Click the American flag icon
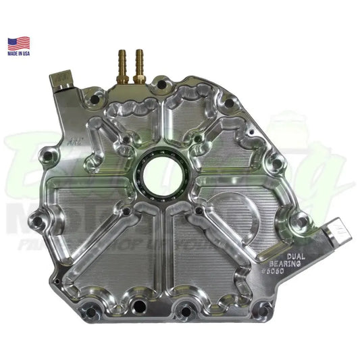[19, 44]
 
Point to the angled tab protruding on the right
[334, 234]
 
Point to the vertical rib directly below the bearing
[157, 250]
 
